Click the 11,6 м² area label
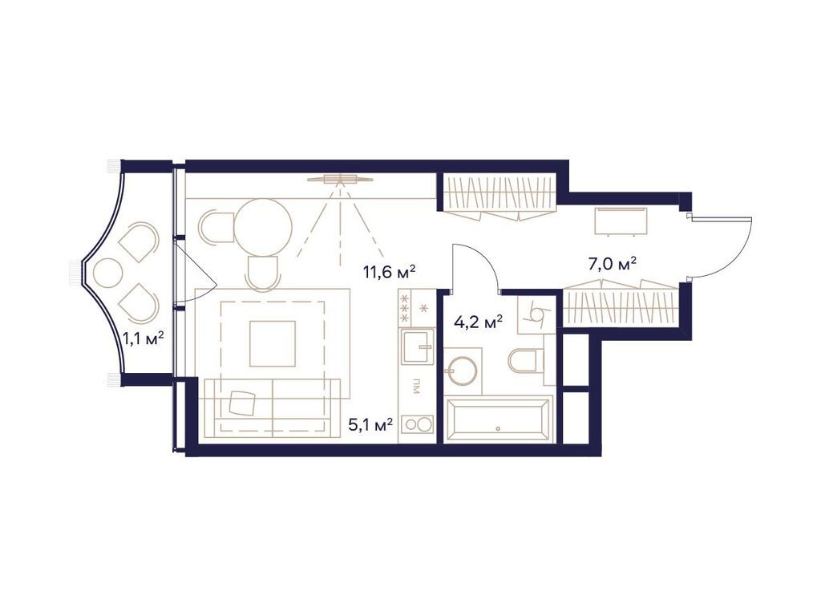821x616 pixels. (x=389, y=272)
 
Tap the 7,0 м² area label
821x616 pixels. (x=611, y=262)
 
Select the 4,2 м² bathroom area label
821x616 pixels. (x=478, y=322)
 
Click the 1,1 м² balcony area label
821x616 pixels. (x=144, y=338)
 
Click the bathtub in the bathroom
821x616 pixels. (x=498, y=419)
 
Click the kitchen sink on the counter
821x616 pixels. (x=417, y=347)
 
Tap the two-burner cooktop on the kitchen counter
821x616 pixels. (x=417, y=425)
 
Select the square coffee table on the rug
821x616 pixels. (x=273, y=343)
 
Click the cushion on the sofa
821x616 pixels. (x=242, y=402)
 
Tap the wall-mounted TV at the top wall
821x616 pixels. (x=340, y=179)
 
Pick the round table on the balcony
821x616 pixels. (x=108, y=274)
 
